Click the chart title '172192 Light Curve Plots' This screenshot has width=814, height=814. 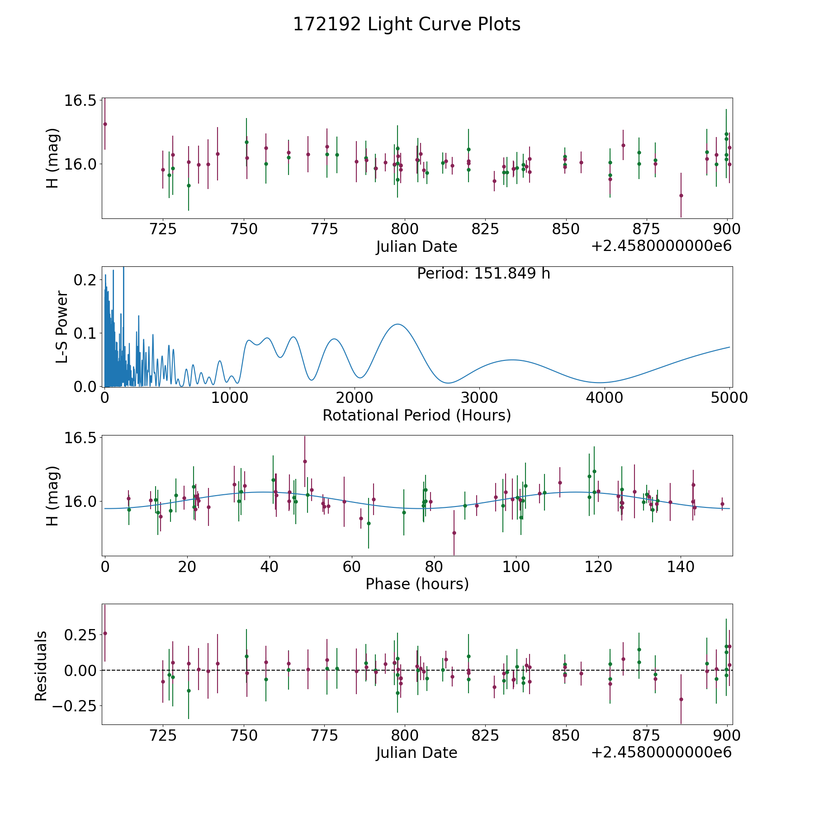tap(407, 24)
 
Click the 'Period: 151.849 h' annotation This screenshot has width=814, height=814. tap(483, 274)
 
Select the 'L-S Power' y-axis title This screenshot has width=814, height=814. tap(62, 327)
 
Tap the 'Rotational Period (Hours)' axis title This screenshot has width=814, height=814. tap(416, 415)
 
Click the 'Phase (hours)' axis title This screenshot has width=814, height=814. tap(417, 584)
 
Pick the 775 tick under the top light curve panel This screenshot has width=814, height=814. tap(324, 229)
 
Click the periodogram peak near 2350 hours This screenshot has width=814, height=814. tap(397, 324)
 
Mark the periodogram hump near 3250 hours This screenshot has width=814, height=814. tap(511, 360)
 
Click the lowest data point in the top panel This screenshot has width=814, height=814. tap(681, 195)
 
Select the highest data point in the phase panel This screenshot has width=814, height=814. tap(305, 461)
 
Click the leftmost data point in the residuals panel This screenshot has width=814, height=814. tap(105, 633)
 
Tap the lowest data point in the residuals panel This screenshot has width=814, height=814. tap(681, 699)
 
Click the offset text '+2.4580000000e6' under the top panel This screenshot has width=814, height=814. tap(661, 246)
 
